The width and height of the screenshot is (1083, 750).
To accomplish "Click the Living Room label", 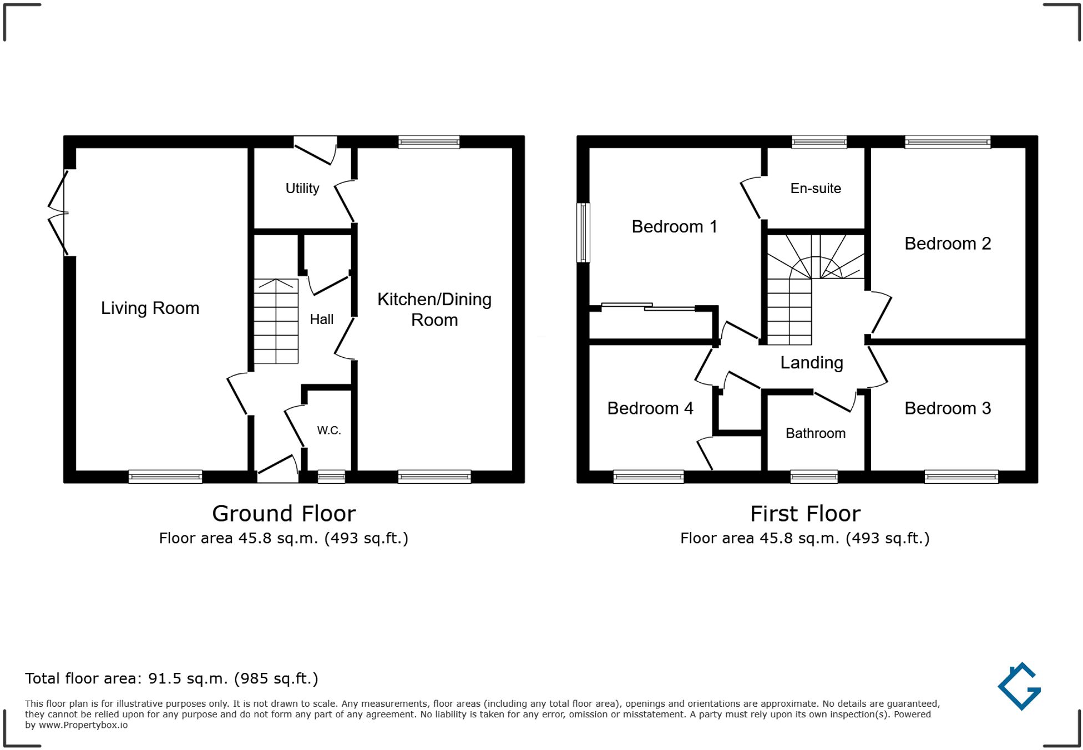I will point(150,308).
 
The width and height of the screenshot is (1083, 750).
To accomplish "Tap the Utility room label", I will point(302,189).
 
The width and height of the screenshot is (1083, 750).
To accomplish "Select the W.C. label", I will point(328,430).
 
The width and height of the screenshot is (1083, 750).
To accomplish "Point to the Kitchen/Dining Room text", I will point(434,310).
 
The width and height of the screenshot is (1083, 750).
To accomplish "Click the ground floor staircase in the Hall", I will point(276,321).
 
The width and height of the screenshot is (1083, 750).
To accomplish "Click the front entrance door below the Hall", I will point(277,469).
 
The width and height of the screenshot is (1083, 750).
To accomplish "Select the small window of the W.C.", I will point(331,476).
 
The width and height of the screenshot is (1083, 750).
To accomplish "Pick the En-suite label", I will point(815,189).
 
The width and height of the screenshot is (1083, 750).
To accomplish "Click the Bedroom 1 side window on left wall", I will point(583,232).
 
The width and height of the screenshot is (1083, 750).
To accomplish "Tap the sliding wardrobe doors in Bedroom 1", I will point(648,306).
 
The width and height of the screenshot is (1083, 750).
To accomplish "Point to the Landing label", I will point(811,363).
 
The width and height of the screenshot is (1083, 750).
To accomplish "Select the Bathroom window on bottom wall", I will point(813,476).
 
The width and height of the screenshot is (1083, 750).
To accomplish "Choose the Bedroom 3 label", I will point(947,408).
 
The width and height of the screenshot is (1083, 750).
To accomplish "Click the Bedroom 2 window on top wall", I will point(947,142).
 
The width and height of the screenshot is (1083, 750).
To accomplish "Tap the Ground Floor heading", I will point(284,514).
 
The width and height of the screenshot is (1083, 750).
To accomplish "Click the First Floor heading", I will point(804,514).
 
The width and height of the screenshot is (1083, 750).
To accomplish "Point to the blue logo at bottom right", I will point(1020,686).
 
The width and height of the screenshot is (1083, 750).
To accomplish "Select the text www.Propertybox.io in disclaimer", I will point(83,725).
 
